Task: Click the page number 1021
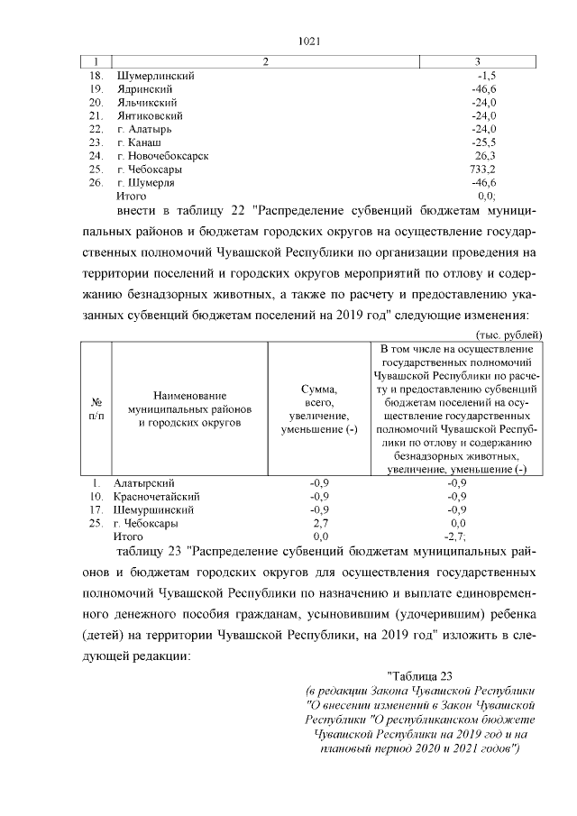(x=309, y=41)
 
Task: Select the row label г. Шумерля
(x=146, y=182)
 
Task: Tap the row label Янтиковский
(x=150, y=116)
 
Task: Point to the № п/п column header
(x=96, y=408)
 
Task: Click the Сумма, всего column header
(x=319, y=408)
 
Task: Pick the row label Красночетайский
(x=155, y=496)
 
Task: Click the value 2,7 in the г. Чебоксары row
(x=319, y=523)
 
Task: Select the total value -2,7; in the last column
(x=458, y=536)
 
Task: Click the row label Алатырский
(x=144, y=483)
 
